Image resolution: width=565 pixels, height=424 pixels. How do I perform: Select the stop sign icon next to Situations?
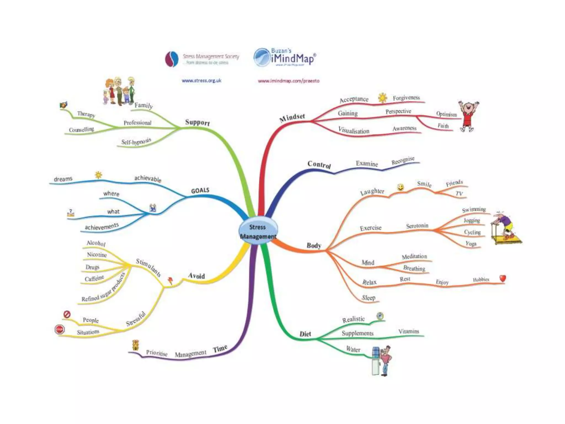click(60, 329)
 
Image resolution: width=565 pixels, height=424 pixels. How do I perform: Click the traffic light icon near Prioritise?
click(135, 345)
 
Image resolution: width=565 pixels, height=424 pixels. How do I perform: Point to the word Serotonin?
click(417, 226)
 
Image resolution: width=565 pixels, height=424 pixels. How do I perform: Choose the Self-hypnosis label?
click(136, 142)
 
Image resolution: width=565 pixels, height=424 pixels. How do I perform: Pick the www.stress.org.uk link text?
click(201, 81)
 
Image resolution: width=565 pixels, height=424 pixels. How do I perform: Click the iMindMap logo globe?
click(262, 58)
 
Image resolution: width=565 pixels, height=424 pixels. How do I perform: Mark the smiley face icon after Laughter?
click(400, 187)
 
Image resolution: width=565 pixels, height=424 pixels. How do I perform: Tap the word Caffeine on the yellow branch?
click(94, 278)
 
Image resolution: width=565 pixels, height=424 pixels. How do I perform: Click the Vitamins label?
click(409, 331)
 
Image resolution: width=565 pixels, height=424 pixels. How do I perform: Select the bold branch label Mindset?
click(292, 118)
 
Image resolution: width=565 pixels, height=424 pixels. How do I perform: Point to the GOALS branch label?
click(200, 190)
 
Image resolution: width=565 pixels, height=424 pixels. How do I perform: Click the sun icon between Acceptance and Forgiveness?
click(382, 98)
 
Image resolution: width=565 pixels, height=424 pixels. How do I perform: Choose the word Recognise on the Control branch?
click(403, 160)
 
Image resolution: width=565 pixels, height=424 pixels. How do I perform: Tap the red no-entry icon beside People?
click(67, 314)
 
